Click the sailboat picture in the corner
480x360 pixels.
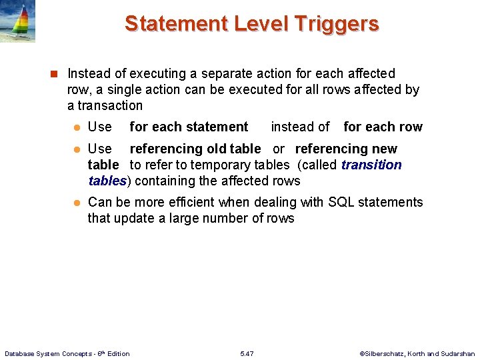pos(18,21)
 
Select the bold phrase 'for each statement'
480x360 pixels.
pos(189,127)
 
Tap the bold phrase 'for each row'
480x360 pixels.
pos(383,127)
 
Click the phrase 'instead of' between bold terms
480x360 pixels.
pos(300,127)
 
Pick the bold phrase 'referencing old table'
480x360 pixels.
pos(195,149)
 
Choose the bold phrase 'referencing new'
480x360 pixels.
pos(346,149)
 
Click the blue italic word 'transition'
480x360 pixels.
pos(371,165)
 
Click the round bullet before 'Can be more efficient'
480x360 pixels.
pos(76,203)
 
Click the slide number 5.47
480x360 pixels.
pos(246,353)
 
